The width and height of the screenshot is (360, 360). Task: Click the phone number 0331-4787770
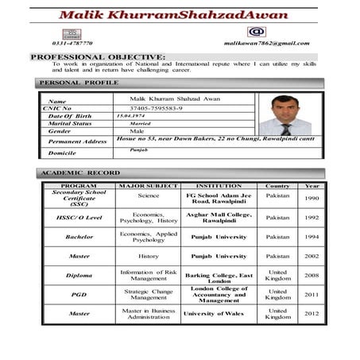click(x=72, y=43)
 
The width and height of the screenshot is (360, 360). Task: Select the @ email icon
click(x=257, y=32)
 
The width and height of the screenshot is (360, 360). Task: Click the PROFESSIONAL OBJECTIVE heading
click(x=98, y=57)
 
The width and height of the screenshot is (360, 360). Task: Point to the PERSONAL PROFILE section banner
click(x=79, y=83)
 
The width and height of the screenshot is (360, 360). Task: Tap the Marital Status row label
click(x=70, y=124)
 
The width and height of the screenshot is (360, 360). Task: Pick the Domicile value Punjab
click(x=139, y=149)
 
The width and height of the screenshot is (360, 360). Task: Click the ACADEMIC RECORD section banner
click(x=80, y=173)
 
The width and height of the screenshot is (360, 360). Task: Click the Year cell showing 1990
click(x=312, y=198)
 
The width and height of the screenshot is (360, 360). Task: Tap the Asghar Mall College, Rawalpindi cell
click(x=218, y=217)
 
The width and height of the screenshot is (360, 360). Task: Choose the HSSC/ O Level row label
click(x=79, y=217)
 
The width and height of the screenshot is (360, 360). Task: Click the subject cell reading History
click(x=148, y=256)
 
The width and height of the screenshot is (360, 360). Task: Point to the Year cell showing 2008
click(x=312, y=275)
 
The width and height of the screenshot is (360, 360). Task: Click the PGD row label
click(x=79, y=294)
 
